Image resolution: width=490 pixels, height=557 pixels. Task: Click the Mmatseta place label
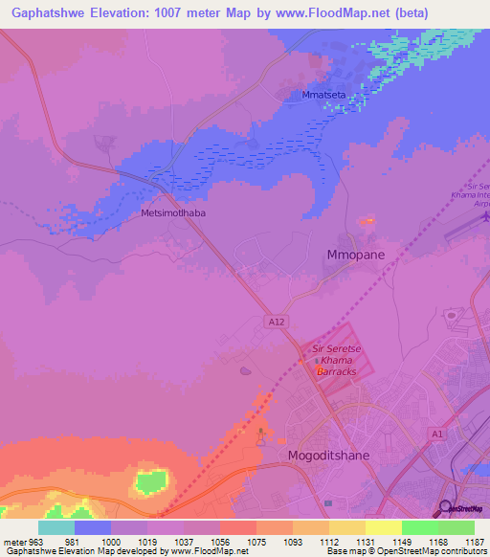[323, 96]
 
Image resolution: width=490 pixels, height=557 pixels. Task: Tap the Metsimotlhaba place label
[172, 214]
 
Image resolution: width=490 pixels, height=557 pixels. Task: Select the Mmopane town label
[355, 256]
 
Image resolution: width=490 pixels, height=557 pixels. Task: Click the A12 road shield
[276, 323]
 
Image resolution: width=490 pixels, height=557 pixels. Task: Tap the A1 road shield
[438, 434]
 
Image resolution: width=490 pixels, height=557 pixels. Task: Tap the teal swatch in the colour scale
[56, 527]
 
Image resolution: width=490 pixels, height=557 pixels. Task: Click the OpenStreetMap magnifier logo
[446, 507]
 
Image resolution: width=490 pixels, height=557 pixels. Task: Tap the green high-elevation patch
[150, 481]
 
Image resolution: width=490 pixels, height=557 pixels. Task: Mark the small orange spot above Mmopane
[367, 221]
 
